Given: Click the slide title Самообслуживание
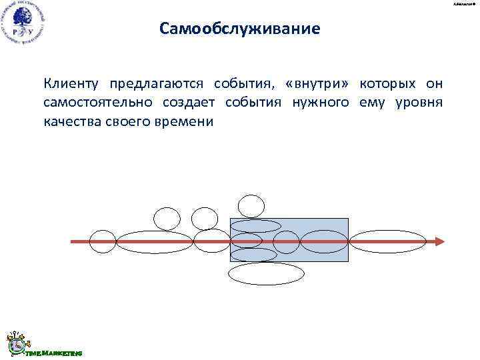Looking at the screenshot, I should tap(240, 29).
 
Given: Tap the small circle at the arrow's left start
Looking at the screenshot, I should tap(103, 241).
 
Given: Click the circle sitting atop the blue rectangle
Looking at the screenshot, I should tap(251, 206).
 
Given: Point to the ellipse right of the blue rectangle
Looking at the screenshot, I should tap(388, 241).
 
